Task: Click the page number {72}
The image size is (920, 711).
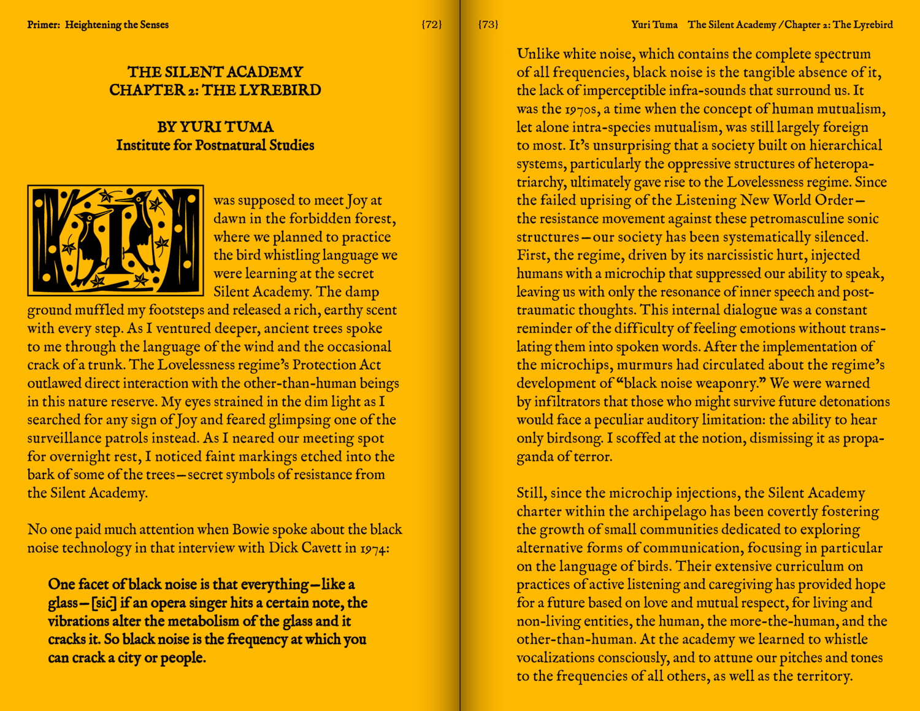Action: click(432, 25)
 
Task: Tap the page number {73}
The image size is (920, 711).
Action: click(488, 25)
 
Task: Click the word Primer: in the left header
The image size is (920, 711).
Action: click(44, 25)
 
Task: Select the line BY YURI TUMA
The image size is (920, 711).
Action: click(215, 127)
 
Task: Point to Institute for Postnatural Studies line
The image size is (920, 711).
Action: click(215, 145)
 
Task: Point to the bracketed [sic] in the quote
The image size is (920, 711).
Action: click(104, 603)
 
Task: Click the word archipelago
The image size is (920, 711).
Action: click(668, 512)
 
